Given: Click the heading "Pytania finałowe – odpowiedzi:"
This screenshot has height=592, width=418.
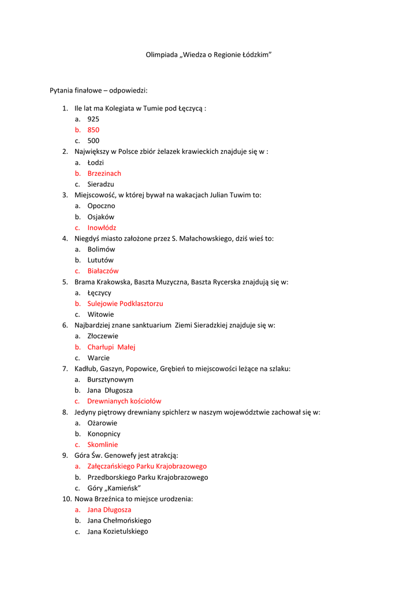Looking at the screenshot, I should (x=99, y=91).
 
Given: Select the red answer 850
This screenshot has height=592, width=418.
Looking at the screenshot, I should (x=94, y=130).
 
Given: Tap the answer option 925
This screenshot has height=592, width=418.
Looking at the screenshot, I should (x=94, y=119).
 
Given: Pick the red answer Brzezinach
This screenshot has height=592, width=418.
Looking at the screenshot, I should (x=104, y=173).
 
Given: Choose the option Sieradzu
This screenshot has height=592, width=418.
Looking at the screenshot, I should (x=101, y=184).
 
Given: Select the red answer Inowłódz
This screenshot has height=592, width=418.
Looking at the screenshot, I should (x=102, y=228).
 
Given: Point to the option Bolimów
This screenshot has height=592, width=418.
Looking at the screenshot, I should (x=101, y=250).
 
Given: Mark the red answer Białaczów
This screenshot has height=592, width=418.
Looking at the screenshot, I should (x=103, y=271).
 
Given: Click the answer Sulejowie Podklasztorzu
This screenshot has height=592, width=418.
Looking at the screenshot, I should (x=125, y=304).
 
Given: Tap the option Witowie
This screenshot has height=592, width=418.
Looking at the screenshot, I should (x=101, y=314).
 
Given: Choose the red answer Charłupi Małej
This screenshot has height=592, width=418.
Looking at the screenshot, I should (x=111, y=347).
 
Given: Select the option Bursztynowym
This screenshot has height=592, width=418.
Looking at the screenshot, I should (x=110, y=380).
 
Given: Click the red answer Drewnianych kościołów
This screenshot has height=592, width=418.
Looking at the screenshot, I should (x=124, y=401).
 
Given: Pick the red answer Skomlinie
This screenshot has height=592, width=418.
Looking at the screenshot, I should (x=103, y=445).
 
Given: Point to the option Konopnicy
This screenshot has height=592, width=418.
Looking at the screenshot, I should (x=104, y=434).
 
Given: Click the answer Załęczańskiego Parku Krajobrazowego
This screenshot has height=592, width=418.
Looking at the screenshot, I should (x=147, y=467).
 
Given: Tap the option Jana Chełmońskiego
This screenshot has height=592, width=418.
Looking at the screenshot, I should (x=119, y=521).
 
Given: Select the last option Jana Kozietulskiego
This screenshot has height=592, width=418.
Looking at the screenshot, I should (x=118, y=531).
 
